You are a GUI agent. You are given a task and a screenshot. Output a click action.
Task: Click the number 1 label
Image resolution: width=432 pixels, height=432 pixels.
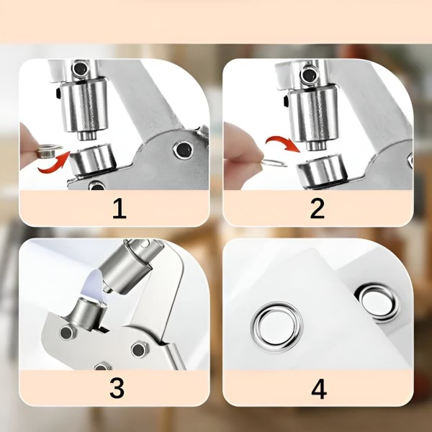[x=120, y=209]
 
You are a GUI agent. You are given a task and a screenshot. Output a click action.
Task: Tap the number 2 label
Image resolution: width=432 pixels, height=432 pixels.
[x=317, y=209]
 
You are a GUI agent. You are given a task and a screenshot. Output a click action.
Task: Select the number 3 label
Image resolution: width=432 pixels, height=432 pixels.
[x=117, y=388]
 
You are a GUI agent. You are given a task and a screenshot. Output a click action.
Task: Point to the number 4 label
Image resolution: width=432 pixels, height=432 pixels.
[x=319, y=389]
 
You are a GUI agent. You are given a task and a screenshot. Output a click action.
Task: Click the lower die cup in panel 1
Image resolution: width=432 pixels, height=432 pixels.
[x=93, y=159]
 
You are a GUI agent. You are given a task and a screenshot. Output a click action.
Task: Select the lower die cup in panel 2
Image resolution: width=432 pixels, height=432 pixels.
[x=321, y=171]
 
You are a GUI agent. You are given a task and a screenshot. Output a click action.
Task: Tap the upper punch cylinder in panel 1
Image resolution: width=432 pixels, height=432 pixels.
[x=84, y=108]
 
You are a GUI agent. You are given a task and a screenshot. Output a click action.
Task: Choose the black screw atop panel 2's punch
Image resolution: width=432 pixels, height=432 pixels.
[x=309, y=75]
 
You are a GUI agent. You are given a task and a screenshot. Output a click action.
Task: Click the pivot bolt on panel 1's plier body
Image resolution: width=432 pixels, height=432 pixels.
[x=183, y=149]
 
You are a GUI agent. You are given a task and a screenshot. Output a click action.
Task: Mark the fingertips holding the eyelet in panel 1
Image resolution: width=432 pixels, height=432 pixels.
[x=30, y=148]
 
